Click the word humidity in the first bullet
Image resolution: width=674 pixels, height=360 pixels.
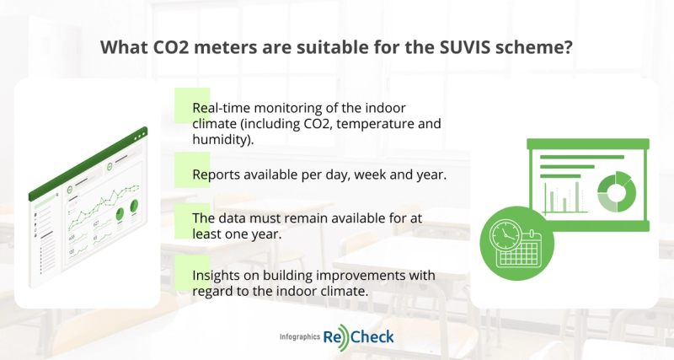point(222,140)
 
